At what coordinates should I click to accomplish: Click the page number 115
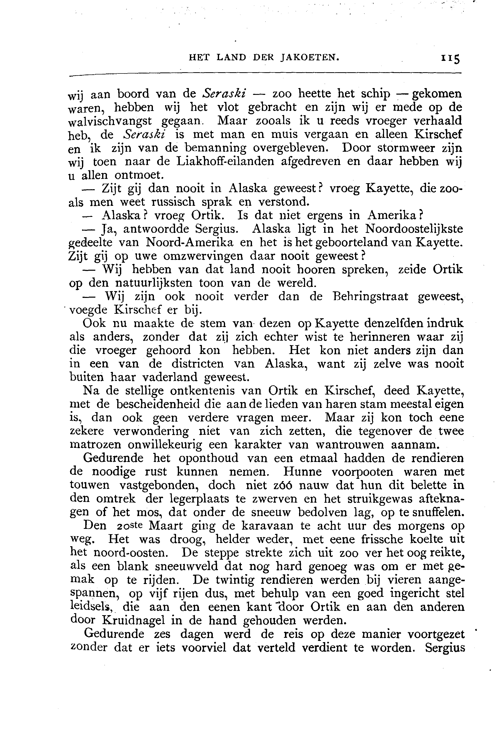pos(450,59)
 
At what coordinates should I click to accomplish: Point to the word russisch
pos(173,202)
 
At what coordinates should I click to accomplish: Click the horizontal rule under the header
pos(265,75)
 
